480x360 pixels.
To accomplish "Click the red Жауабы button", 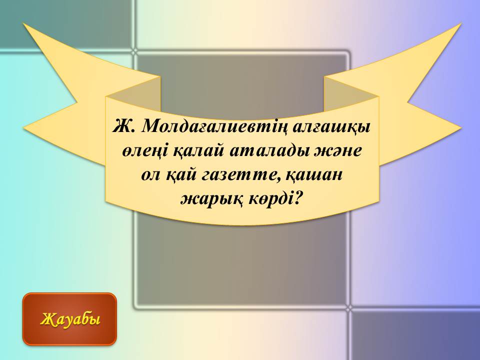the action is click(x=70, y=319).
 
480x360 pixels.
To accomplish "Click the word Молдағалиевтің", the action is click(x=215, y=126).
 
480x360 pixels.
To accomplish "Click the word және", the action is click(x=336, y=151).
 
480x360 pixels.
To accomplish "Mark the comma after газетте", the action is click(x=276, y=180).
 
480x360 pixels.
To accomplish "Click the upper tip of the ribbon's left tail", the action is click(x=23, y=23).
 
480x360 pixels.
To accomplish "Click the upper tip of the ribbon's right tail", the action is click(x=460, y=23).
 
